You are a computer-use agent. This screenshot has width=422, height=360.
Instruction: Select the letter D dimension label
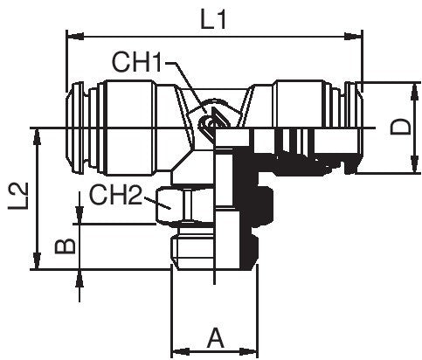click(x=399, y=128)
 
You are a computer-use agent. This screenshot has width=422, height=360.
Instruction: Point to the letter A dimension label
click(x=216, y=336)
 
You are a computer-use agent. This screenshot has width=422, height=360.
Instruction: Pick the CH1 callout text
click(x=138, y=62)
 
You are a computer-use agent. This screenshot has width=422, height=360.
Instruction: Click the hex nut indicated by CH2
click(x=179, y=207)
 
